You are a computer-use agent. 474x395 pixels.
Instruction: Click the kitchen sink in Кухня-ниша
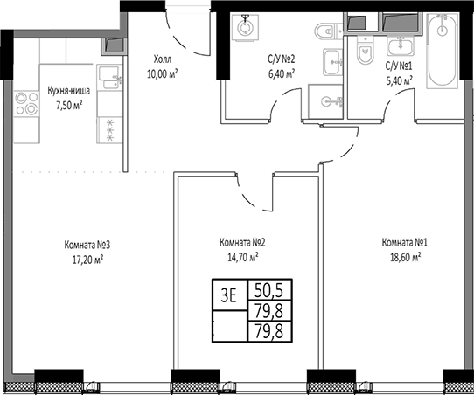108,78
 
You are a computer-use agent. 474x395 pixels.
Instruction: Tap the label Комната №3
86,245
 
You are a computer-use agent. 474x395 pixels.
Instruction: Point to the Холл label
163,59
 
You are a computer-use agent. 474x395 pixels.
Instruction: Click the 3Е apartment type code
229,295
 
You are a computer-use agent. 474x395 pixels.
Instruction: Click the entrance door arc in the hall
188,35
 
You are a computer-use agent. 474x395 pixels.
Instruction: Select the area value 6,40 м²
281,73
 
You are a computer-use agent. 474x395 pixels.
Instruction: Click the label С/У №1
401,66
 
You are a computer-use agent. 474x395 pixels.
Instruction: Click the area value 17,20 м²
86,259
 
